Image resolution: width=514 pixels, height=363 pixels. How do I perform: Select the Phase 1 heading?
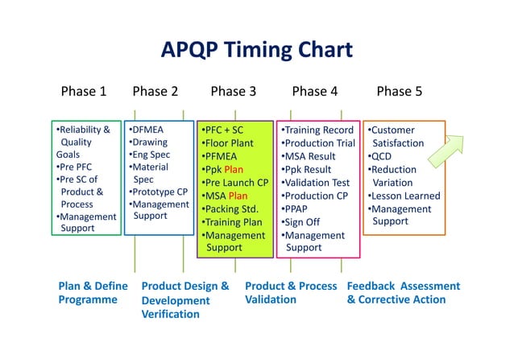click(84, 91)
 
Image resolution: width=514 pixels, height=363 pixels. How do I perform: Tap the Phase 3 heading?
click(233, 91)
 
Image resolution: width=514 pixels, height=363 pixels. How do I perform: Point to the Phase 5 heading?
click(399, 91)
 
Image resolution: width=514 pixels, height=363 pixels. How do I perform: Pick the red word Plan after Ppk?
click(234, 169)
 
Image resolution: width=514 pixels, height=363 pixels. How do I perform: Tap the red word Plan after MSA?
click(238, 196)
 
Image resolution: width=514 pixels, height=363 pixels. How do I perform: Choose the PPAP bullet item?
click(296, 208)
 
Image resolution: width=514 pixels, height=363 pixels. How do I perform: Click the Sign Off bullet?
click(302, 222)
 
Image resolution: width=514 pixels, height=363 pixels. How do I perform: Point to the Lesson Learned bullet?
click(404, 196)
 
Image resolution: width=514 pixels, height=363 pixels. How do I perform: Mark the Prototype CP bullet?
click(159, 192)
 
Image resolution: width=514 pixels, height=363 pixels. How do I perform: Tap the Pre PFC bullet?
click(75, 167)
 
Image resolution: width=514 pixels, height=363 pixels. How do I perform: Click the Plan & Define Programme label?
click(93, 293)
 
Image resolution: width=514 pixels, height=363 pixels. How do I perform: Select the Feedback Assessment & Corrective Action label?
click(403, 293)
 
